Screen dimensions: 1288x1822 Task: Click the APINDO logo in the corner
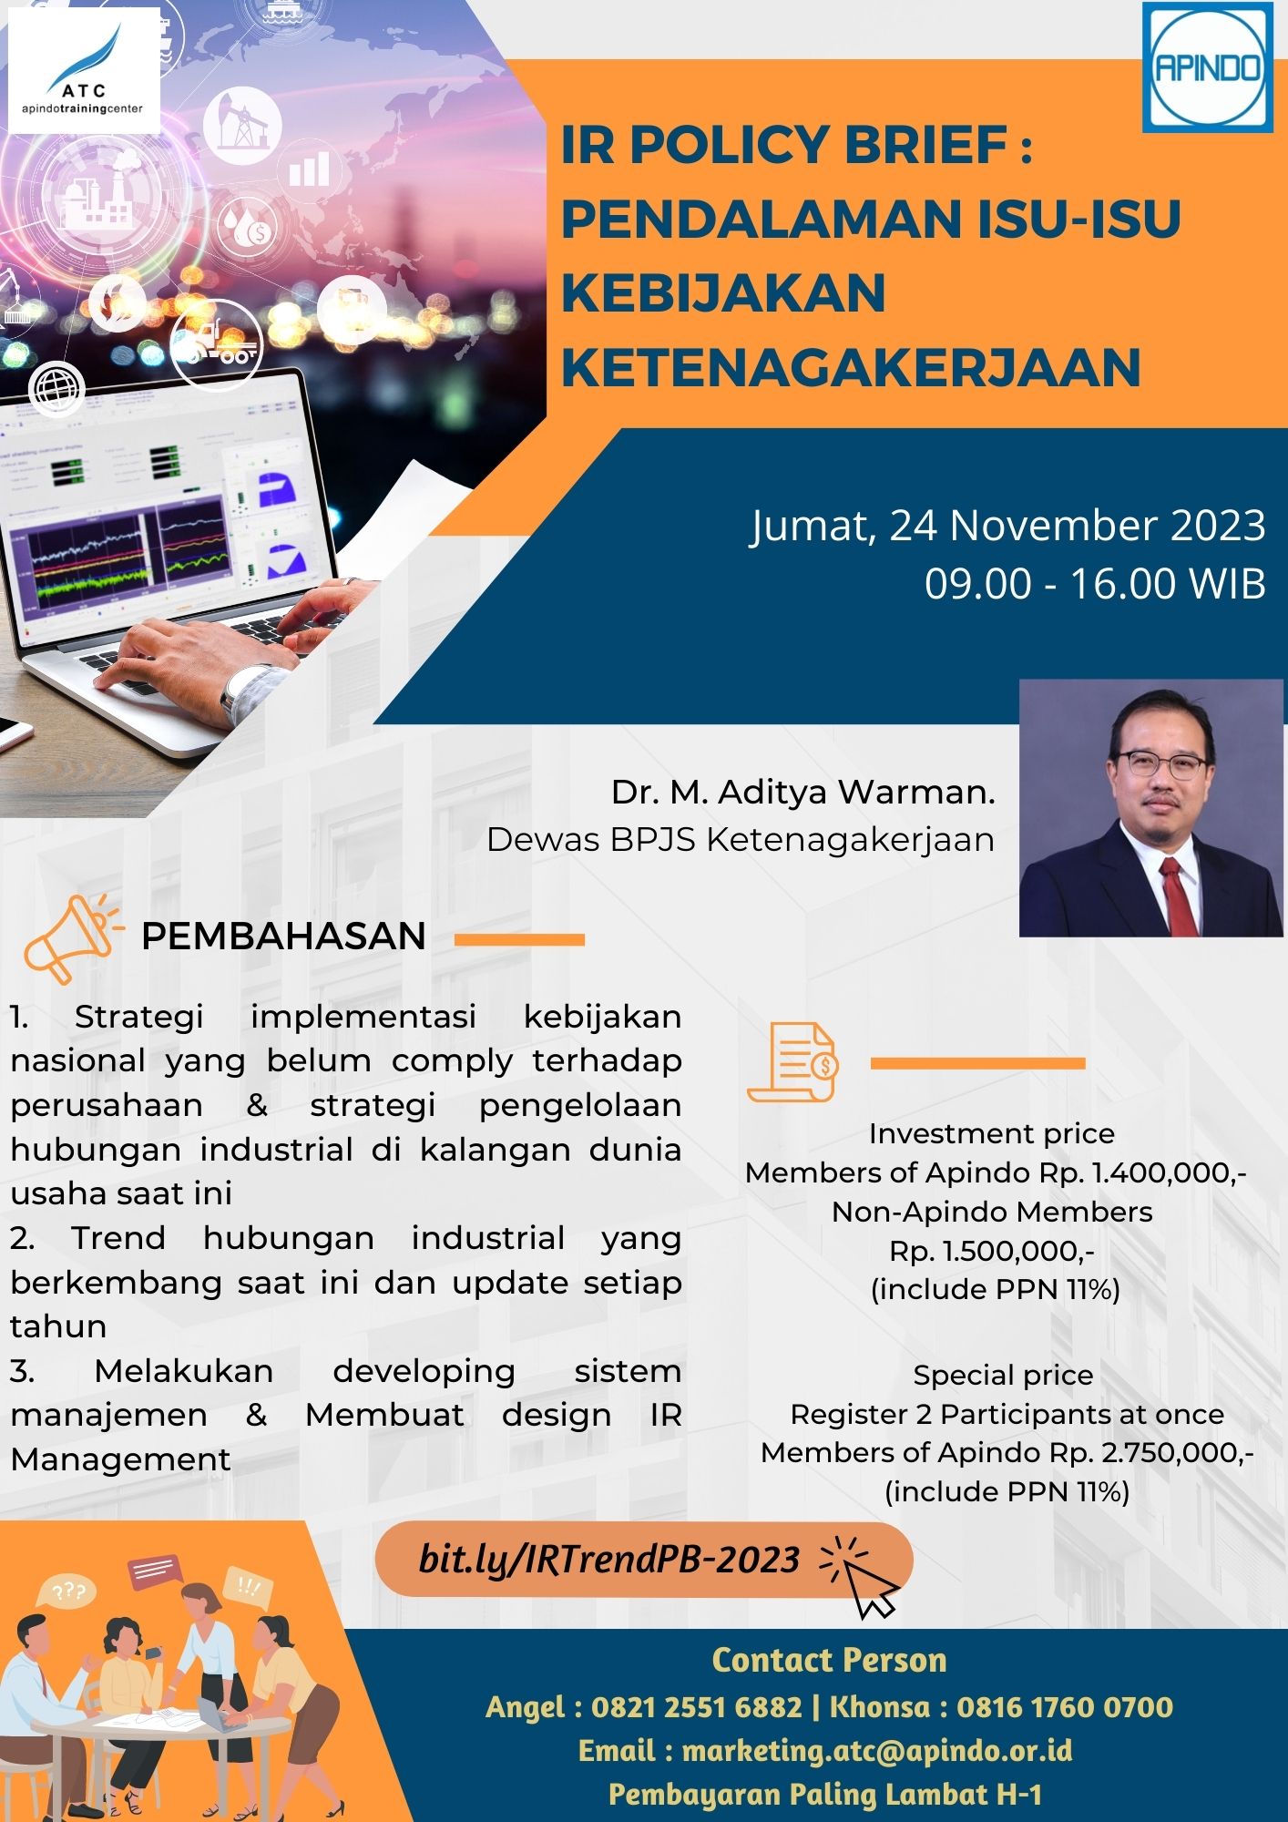1207,67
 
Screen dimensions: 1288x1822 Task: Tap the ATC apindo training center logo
83,71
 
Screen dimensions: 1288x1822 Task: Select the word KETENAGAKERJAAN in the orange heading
851,367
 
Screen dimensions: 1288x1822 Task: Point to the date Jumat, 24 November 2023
1007,526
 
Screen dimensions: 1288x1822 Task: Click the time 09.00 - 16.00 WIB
1095,583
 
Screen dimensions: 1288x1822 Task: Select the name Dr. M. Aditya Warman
802,792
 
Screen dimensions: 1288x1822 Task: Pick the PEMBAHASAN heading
283,937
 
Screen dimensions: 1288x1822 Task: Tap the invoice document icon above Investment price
792,1062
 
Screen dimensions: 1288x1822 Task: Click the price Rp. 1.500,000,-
992,1251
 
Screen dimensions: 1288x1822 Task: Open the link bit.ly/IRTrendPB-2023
608,1559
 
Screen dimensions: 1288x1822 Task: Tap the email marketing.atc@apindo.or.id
876,1750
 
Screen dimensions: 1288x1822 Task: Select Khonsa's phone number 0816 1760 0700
1064,1706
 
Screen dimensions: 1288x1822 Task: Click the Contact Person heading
829,1660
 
